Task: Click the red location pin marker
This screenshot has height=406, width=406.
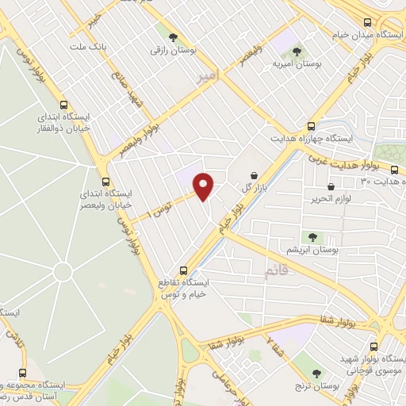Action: click(204, 185)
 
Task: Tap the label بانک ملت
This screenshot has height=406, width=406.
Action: click(88, 48)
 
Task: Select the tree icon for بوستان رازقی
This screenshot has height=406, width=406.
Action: click(173, 36)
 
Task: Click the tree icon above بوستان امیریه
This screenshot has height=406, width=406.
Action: click(297, 51)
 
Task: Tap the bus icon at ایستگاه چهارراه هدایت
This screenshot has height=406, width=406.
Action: click(311, 126)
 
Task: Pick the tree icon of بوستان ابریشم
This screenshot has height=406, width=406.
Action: click(312, 236)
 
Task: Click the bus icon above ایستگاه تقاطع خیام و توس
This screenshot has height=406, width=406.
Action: click(184, 270)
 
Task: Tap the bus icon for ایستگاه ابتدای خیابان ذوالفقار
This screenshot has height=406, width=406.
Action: click(64, 105)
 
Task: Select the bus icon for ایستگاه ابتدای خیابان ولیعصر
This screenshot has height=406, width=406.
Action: click(105, 181)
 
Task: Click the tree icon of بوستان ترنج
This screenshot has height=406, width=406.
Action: click(316, 373)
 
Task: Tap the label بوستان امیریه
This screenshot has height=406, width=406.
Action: click(295, 63)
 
